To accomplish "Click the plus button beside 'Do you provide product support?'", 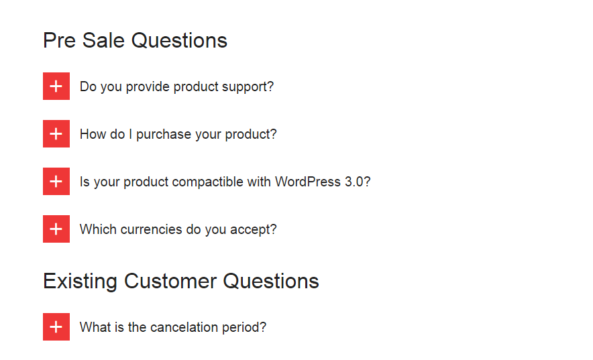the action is (x=56, y=86).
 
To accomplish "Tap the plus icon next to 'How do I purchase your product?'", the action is (x=56, y=133).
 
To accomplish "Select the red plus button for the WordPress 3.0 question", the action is (x=56, y=181).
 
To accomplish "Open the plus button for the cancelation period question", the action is (x=56, y=326).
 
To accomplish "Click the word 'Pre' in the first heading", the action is (x=60, y=40).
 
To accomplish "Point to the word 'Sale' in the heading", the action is (x=103, y=40).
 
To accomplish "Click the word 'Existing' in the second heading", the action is (x=80, y=282).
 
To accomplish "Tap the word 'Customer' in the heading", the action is (x=170, y=282).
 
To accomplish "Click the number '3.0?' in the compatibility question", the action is (x=358, y=182).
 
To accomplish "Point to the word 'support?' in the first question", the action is (x=248, y=87).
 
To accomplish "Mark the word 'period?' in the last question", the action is (x=244, y=328).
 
